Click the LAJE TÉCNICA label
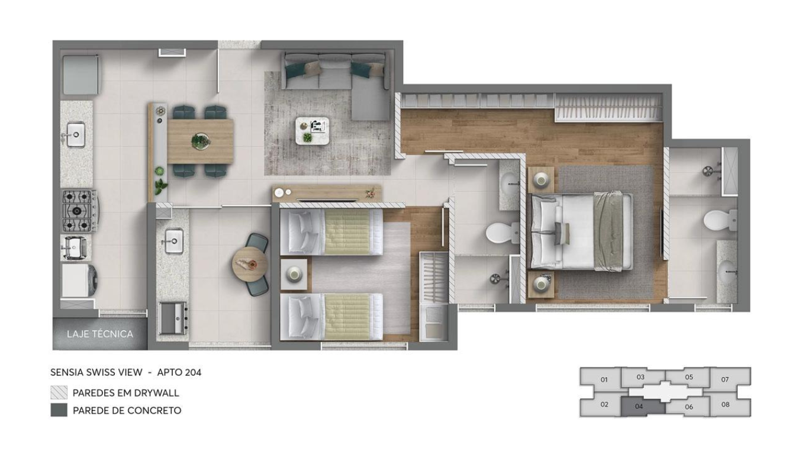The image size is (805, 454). pos(100,334)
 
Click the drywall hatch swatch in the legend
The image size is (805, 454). pos(59,392)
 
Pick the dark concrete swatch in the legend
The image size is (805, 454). pos(59,410)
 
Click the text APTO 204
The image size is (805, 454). pos(179,372)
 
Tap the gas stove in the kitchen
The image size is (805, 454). pos(80,211)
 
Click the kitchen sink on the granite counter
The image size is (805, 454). pos(76,134)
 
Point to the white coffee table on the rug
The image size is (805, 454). pos(313,131)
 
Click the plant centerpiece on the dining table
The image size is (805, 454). pos(201,140)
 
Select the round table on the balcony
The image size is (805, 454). pos(249,264)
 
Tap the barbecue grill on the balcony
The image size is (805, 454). pos(173,318)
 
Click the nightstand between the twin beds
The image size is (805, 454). pos(294,274)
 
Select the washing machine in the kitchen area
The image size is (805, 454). pos(79,281)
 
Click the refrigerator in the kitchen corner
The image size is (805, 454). pos(80,75)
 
